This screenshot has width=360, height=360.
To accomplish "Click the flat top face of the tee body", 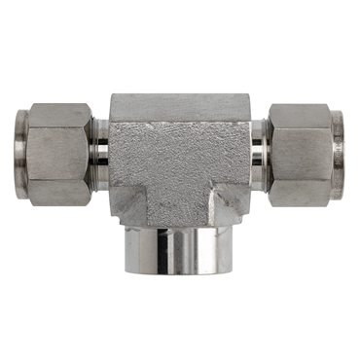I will click(180, 101).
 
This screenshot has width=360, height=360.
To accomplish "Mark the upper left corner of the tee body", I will click(113, 97).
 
